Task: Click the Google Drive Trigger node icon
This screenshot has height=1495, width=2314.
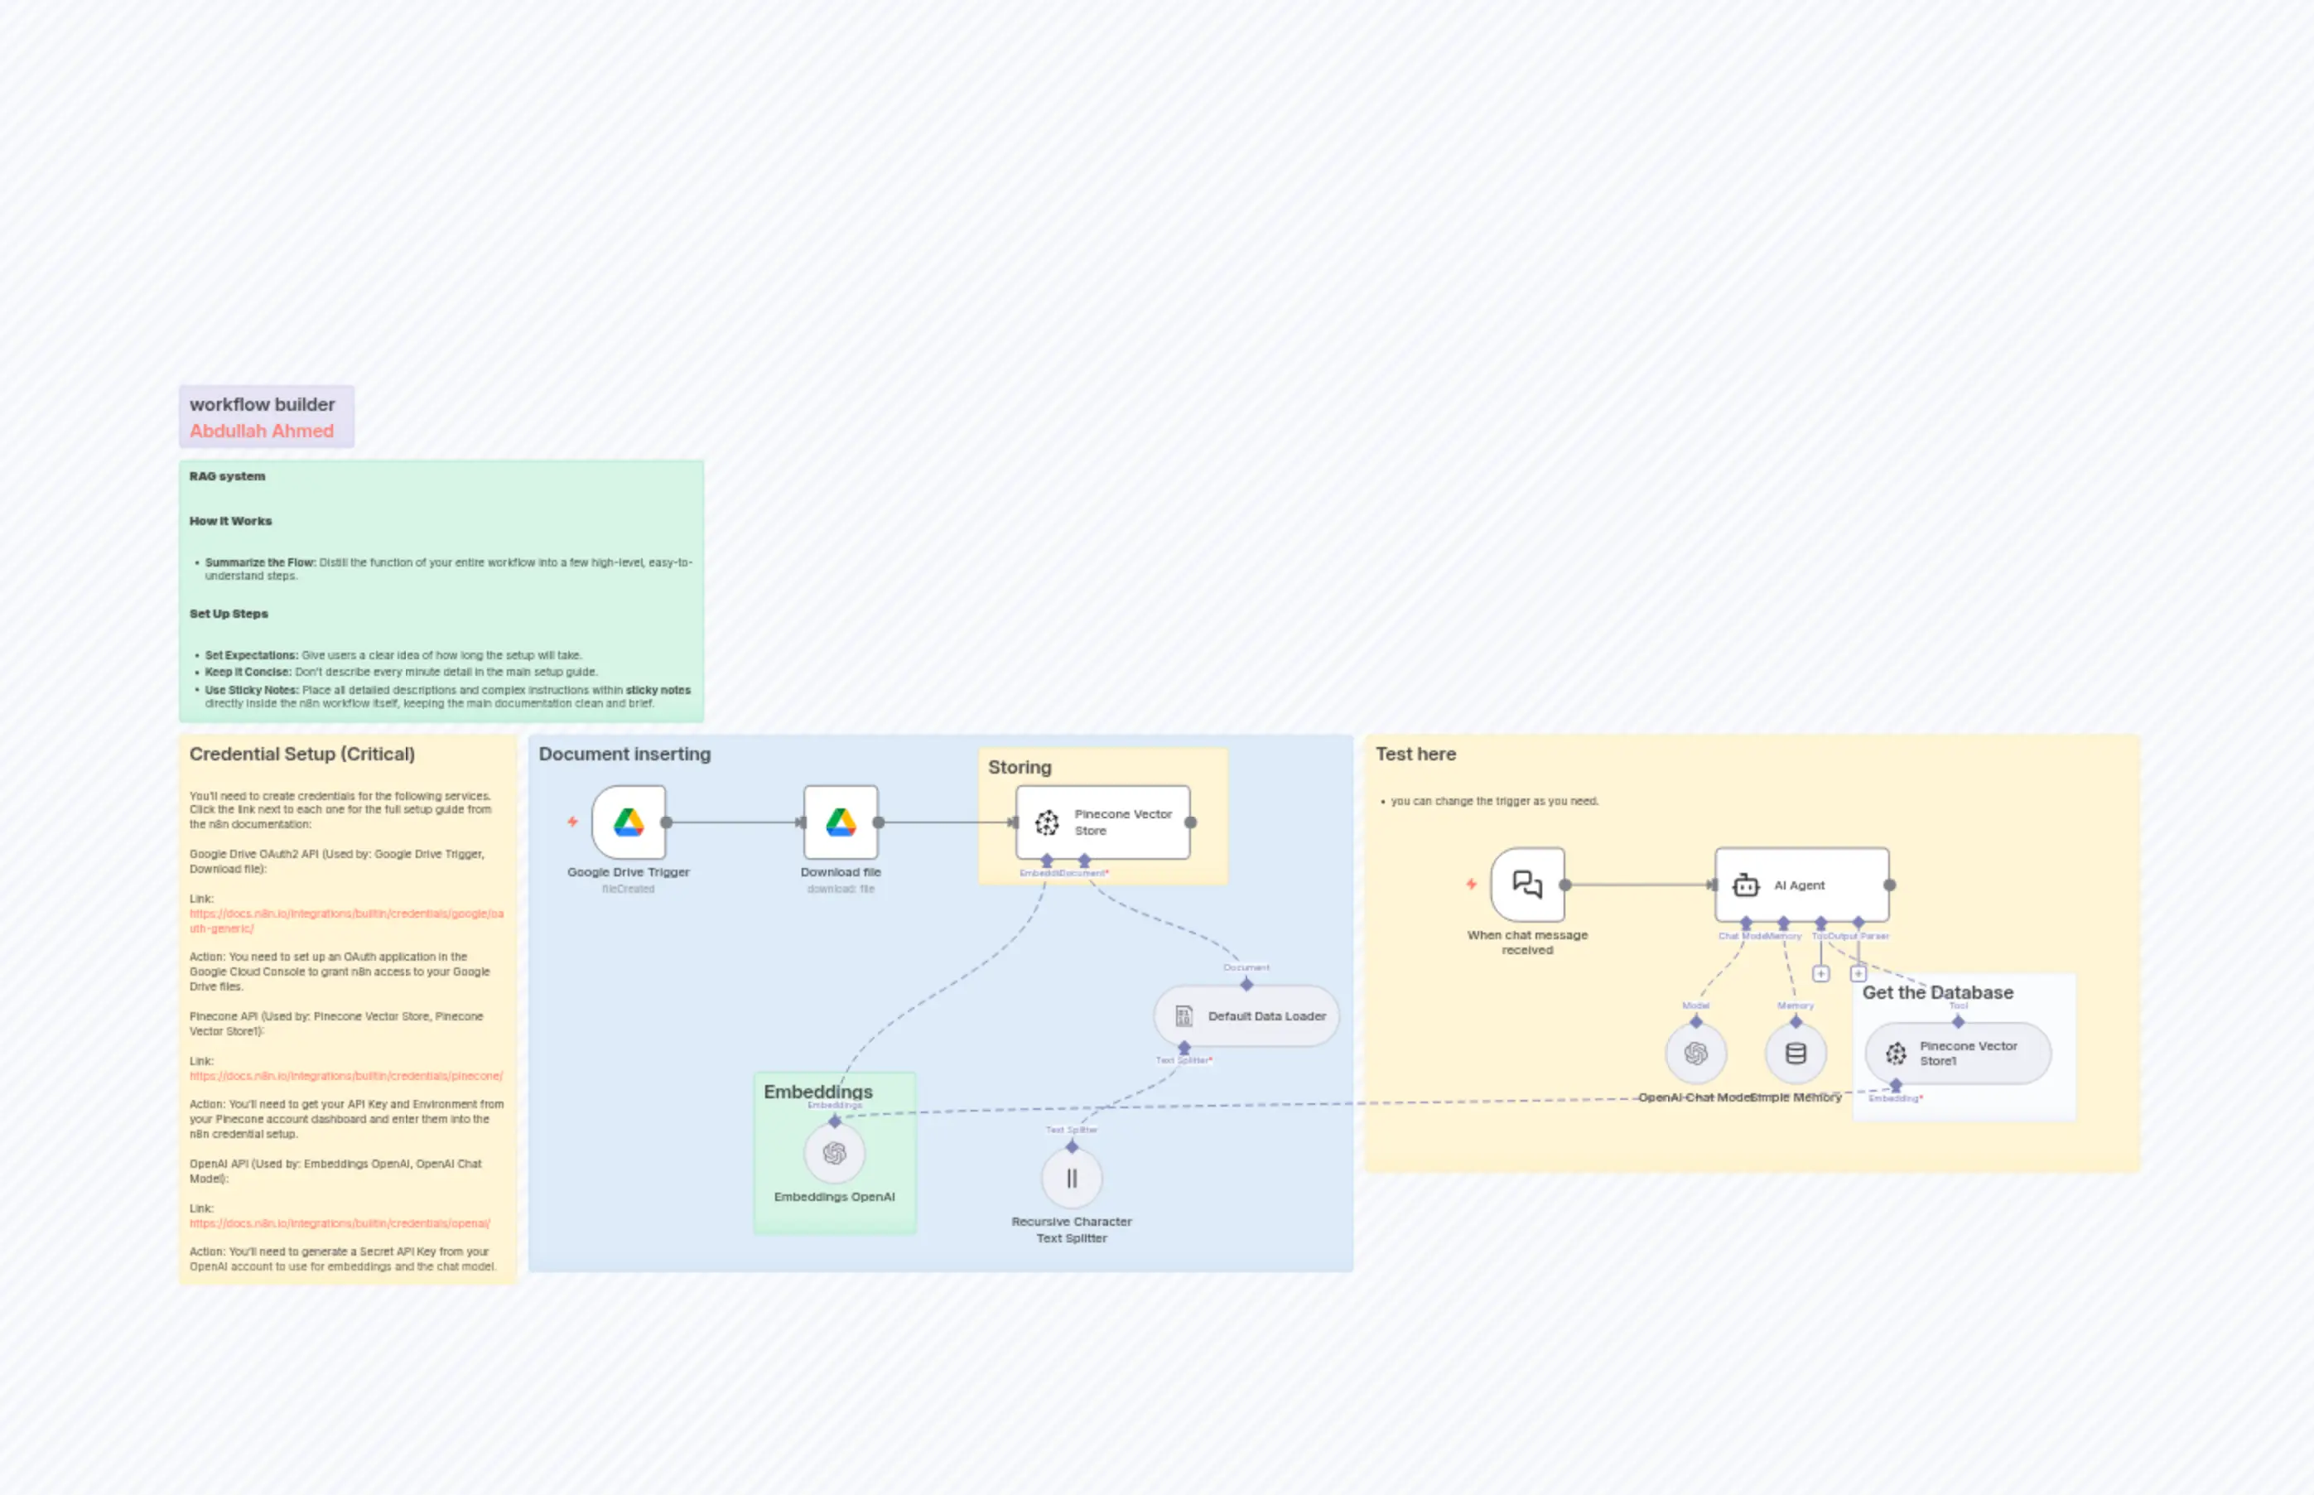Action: click(x=628, y=822)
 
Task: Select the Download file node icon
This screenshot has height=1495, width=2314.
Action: click(x=841, y=822)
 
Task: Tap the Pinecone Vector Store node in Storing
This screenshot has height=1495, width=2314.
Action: click(x=1102, y=822)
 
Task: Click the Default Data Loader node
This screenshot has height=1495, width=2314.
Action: click(x=1246, y=1016)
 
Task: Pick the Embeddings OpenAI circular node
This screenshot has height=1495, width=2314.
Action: click(x=834, y=1153)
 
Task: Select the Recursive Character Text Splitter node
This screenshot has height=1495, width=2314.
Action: click(x=1072, y=1179)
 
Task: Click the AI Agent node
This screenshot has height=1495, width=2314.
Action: click(x=1801, y=885)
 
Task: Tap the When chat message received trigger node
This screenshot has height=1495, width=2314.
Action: click(x=1528, y=885)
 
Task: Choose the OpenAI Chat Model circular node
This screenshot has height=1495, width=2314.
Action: click(x=1695, y=1054)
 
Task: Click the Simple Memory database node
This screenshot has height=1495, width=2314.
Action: click(x=1796, y=1054)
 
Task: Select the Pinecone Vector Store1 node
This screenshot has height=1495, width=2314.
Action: click(x=1958, y=1054)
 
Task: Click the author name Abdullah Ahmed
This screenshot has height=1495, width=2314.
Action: click(x=261, y=431)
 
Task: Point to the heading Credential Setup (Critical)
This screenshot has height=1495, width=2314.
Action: click(x=301, y=755)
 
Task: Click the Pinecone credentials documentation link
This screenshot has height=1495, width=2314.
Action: click(x=345, y=1076)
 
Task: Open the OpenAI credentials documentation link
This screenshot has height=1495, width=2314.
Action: click(x=340, y=1223)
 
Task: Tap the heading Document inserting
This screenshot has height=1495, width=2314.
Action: click(x=624, y=755)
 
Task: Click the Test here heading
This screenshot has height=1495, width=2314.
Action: click(x=1415, y=755)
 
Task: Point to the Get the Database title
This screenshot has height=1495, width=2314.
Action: click(x=1937, y=992)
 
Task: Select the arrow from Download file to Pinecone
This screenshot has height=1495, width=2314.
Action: click(x=947, y=822)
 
